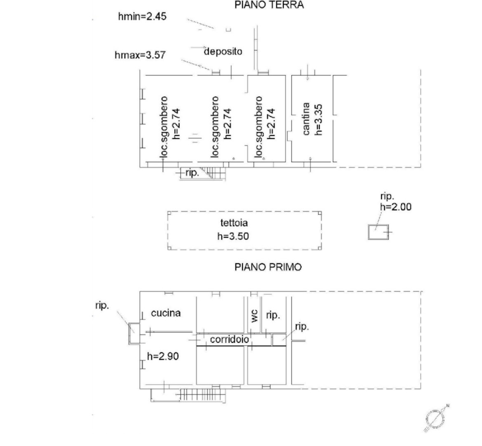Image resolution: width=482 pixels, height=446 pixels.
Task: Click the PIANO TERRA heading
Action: [x=269, y=5]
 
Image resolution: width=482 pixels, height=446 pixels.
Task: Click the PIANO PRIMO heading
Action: [x=268, y=267]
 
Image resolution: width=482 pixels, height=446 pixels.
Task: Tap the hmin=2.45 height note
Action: [x=142, y=17]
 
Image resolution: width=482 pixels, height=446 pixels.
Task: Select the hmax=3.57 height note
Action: [x=140, y=55]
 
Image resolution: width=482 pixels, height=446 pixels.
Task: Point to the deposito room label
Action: [x=223, y=51]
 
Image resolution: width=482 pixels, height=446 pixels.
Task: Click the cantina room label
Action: [x=306, y=119]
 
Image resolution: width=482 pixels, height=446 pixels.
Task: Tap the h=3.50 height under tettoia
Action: [x=233, y=236]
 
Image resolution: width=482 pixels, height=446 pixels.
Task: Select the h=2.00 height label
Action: [x=396, y=207]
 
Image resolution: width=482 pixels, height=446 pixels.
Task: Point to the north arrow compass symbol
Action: [x=435, y=419]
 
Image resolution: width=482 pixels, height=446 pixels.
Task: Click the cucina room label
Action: [x=166, y=313]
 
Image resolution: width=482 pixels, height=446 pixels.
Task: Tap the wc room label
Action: [x=254, y=316]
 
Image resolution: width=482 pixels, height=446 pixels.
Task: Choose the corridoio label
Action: [x=229, y=339]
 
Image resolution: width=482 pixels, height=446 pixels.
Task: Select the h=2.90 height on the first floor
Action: [x=163, y=356]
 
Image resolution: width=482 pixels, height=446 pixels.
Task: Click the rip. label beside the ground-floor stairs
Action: [x=193, y=173]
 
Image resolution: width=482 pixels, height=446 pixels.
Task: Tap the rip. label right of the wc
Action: [x=273, y=315]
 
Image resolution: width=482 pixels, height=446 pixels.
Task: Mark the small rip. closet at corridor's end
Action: [x=279, y=340]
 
